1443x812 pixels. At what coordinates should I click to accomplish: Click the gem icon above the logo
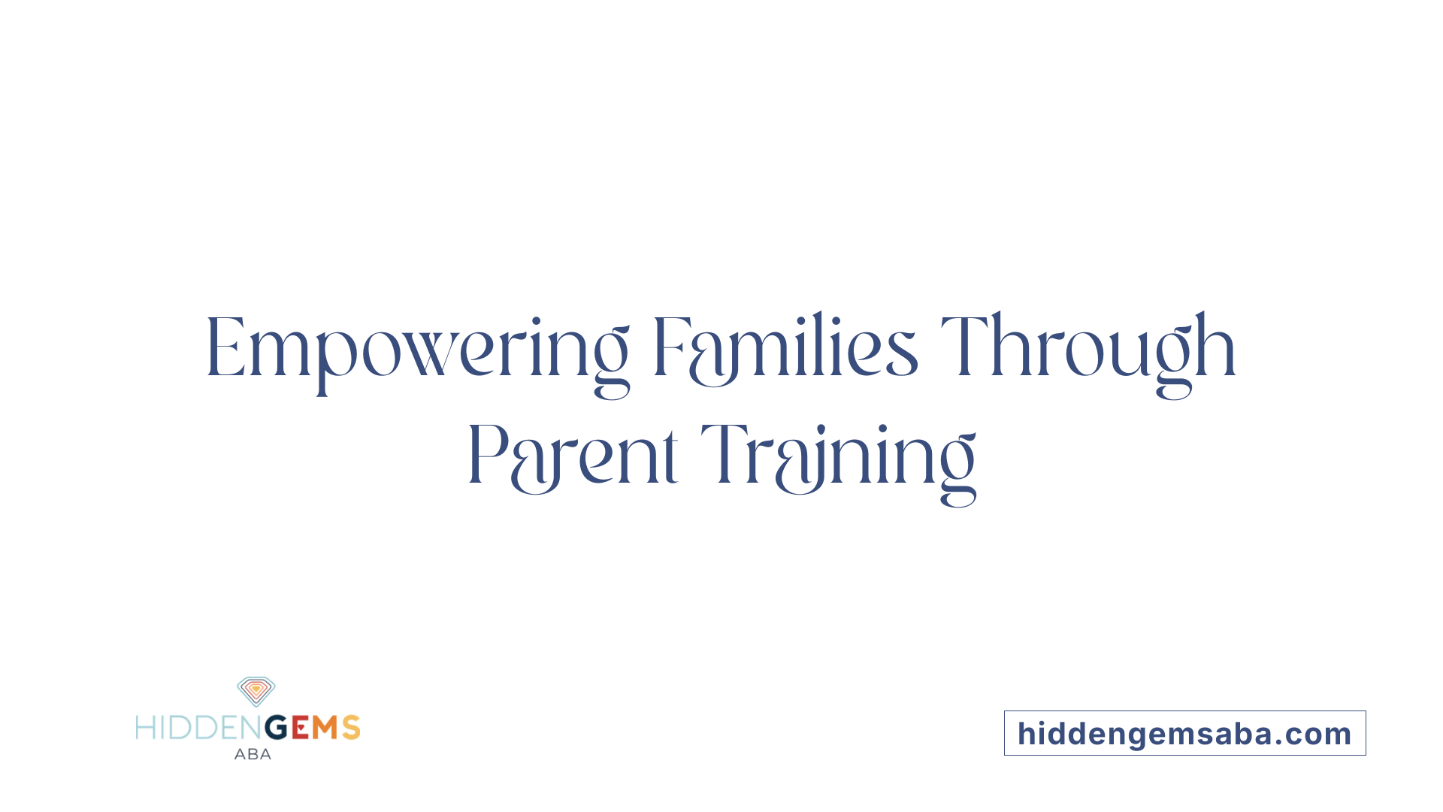(256, 691)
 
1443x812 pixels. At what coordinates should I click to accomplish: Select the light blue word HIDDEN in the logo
(199, 728)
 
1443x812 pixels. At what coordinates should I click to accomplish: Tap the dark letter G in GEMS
(277, 728)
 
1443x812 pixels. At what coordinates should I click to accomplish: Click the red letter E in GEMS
(300, 728)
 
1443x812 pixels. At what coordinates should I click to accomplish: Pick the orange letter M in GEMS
(325, 728)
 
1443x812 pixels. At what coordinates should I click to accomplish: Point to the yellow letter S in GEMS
(351, 728)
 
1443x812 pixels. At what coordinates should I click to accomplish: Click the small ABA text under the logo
(253, 754)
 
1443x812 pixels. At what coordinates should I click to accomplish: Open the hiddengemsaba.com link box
(1184, 733)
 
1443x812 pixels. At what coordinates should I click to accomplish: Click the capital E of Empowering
(225, 348)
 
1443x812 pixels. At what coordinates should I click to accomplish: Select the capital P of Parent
(485, 455)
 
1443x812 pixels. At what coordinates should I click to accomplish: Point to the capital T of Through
(961, 347)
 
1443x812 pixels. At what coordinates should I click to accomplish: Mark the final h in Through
(1217, 347)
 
